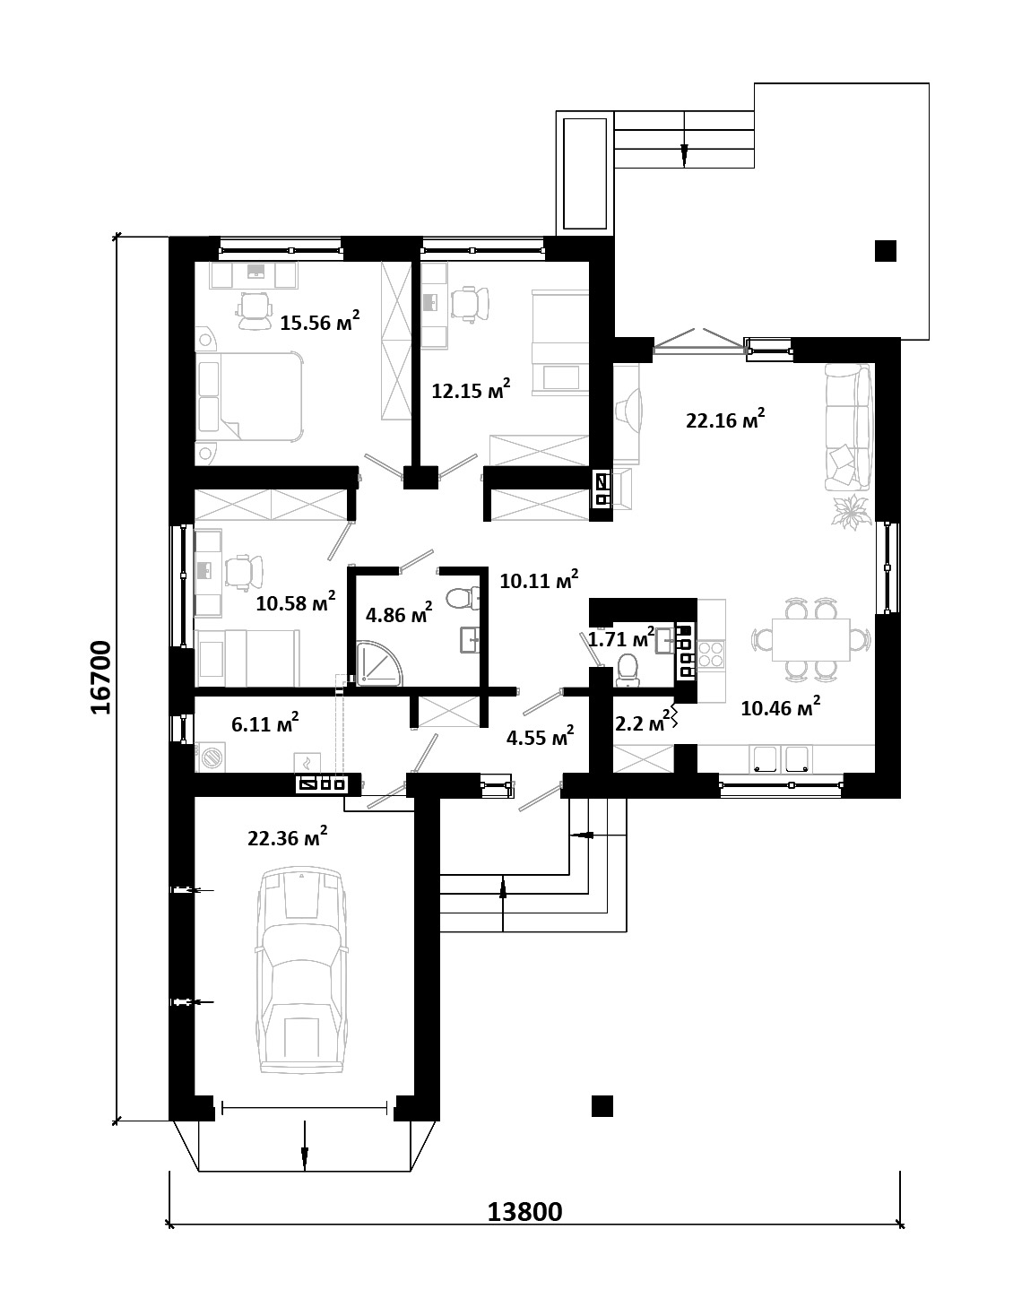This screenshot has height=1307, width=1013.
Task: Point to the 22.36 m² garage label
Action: (288, 836)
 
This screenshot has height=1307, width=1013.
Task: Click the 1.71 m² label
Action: (621, 637)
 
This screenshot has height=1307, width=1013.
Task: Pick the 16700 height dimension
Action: (101, 678)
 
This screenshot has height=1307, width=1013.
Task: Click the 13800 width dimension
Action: (524, 1212)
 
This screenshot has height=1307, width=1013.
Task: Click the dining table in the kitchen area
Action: (810, 639)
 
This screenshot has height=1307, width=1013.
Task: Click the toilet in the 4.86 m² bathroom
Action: (463, 597)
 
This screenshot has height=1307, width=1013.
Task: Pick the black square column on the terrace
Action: (885, 251)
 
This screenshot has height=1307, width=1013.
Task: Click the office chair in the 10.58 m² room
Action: (244, 571)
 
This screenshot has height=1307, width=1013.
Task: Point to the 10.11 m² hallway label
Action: (539, 579)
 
